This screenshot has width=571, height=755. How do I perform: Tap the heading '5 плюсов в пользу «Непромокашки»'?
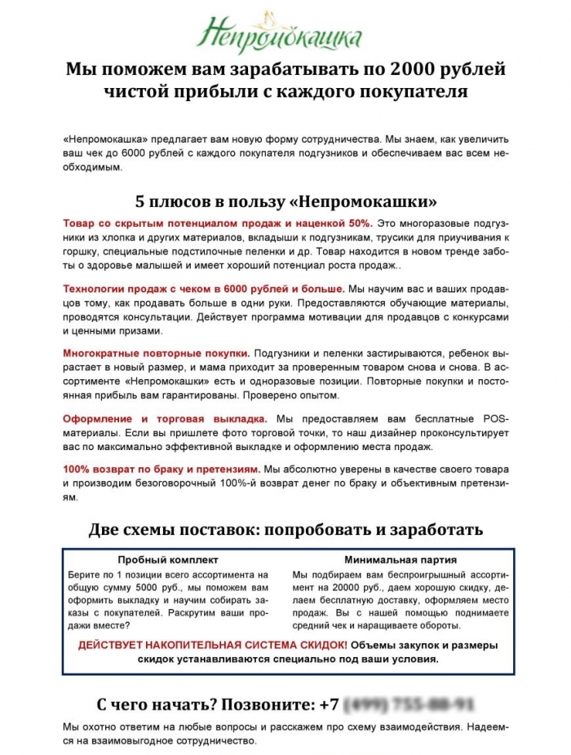pos(285,201)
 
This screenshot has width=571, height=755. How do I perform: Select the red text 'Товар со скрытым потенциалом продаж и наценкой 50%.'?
pos(218,223)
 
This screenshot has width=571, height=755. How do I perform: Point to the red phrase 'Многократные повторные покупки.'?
pos(156,354)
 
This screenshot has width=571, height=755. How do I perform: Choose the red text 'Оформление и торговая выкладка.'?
pos(166,419)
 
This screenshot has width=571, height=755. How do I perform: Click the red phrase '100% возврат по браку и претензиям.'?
pos(162,470)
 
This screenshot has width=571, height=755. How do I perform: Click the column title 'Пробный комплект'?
pos(168,560)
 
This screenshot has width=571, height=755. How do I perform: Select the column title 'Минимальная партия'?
pos(400,560)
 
